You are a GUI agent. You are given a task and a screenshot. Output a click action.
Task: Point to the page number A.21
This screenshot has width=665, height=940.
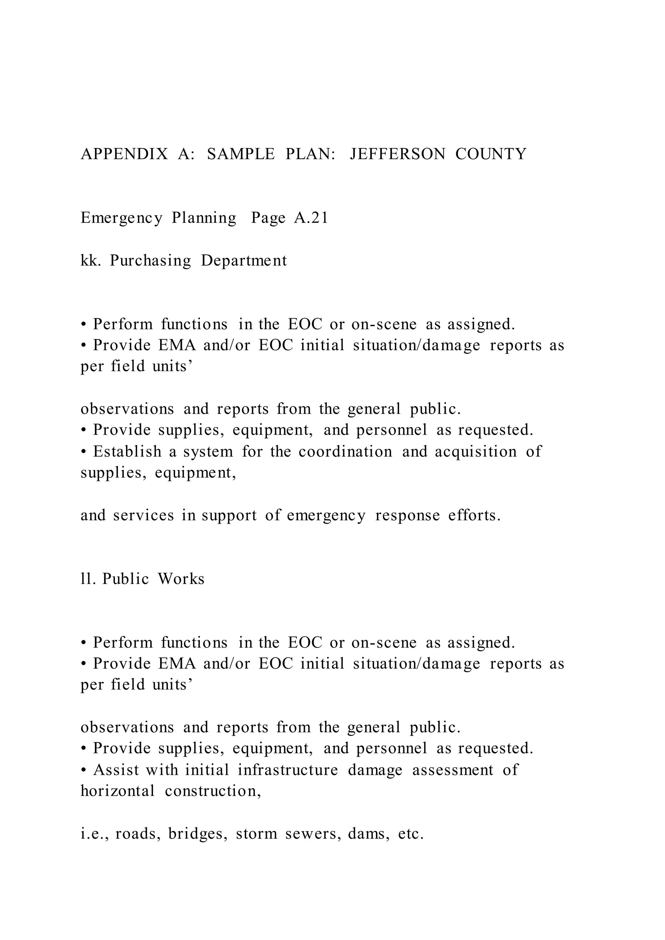pyautogui.click(x=311, y=218)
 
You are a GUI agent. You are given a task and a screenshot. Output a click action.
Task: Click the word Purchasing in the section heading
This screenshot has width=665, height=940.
pyautogui.click(x=150, y=261)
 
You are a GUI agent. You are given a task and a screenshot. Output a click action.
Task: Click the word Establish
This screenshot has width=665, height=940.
pyautogui.click(x=127, y=451)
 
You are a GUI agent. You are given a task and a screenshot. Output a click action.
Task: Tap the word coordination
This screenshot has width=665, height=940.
pyautogui.click(x=345, y=451)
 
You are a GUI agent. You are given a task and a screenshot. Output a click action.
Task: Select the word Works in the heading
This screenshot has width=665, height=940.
pyautogui.click(x=181, y=579)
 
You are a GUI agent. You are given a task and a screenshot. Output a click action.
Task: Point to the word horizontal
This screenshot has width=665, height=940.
pyautogui.click(x=118, y=791)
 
